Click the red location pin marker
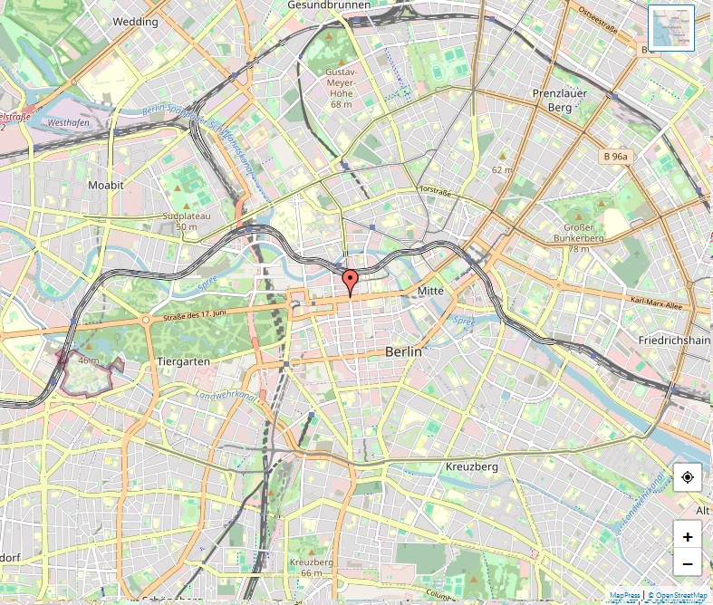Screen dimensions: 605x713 [x=350, y=281]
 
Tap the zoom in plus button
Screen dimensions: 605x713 [x=688, y=537]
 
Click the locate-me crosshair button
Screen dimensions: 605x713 [x=688, y=477]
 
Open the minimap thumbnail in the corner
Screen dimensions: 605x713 [x=671, y=27]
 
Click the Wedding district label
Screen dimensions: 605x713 [x=135, y=22]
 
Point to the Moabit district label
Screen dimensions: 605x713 [x=105, y=185]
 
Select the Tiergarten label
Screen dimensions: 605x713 [x=184, y=361]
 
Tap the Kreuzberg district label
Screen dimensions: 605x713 [x=472, y=466]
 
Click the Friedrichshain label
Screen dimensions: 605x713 [x=673, y=341]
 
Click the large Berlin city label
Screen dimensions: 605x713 [x=404, y=351]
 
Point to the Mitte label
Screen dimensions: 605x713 [x=431, y=291]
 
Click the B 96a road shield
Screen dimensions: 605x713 [x=614, y=157]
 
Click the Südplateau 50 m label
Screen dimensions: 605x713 [x=187, y=221]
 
